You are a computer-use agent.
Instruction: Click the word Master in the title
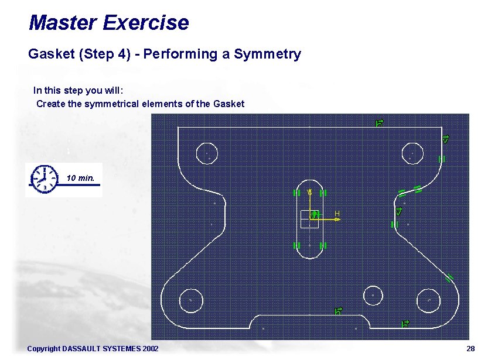click(63, 23)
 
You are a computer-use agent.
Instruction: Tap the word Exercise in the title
click(145, 23)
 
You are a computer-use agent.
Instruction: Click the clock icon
click(43, 179)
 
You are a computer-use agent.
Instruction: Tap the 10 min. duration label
click(81, 177)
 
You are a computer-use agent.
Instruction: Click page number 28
click(470, 349)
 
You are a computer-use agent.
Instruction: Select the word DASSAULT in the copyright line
click(81, 349)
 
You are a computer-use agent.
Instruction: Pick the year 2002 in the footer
click(149, 349)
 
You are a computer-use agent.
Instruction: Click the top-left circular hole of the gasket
click(206, 153)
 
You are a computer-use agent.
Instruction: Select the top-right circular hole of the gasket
click(412, 153)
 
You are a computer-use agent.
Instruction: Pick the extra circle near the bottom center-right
click(373, 294)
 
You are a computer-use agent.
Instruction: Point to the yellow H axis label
click(337, 214)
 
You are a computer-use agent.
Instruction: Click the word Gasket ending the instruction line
click(229, 104)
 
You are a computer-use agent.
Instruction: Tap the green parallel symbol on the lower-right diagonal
click(450, 277)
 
